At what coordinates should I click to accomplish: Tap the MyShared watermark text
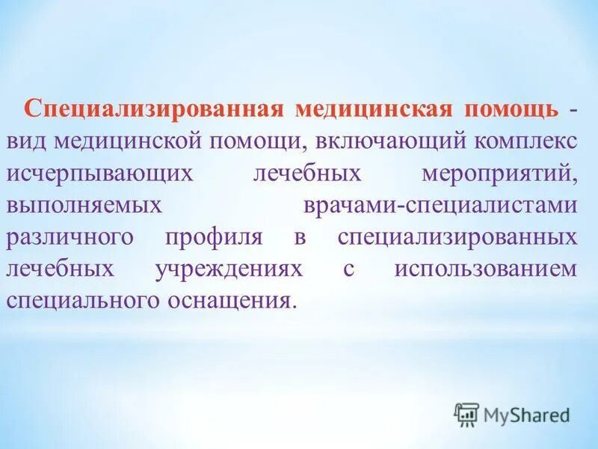click(x=527, y=413)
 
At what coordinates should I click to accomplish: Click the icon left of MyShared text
click(x=466, y=413)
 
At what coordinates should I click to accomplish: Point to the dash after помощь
click(x=573, y=110)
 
